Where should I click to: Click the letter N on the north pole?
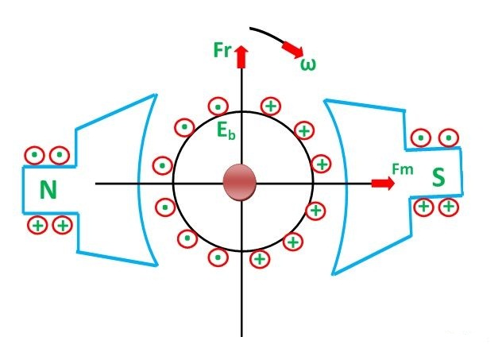tap(48, 190)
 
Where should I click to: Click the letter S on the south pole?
tap(438, 177)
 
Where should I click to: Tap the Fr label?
tap(222, 51)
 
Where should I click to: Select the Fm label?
tap(403, 168)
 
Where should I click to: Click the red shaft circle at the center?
tap(240, 183)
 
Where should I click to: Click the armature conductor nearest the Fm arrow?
tap(315, 210)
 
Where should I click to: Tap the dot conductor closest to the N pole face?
tap(162, 166)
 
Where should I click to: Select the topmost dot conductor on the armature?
tap(216, 106)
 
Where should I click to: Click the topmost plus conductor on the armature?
tap(271, 106)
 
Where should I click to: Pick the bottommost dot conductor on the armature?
tap(217, 257)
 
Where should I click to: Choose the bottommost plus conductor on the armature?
tap(259, 258)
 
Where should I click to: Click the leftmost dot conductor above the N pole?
tap(33, 155)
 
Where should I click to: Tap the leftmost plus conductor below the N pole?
tap(37, 225)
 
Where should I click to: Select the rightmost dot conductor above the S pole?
tap(449, 138)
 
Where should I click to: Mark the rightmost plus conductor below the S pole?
tap(449, 207)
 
